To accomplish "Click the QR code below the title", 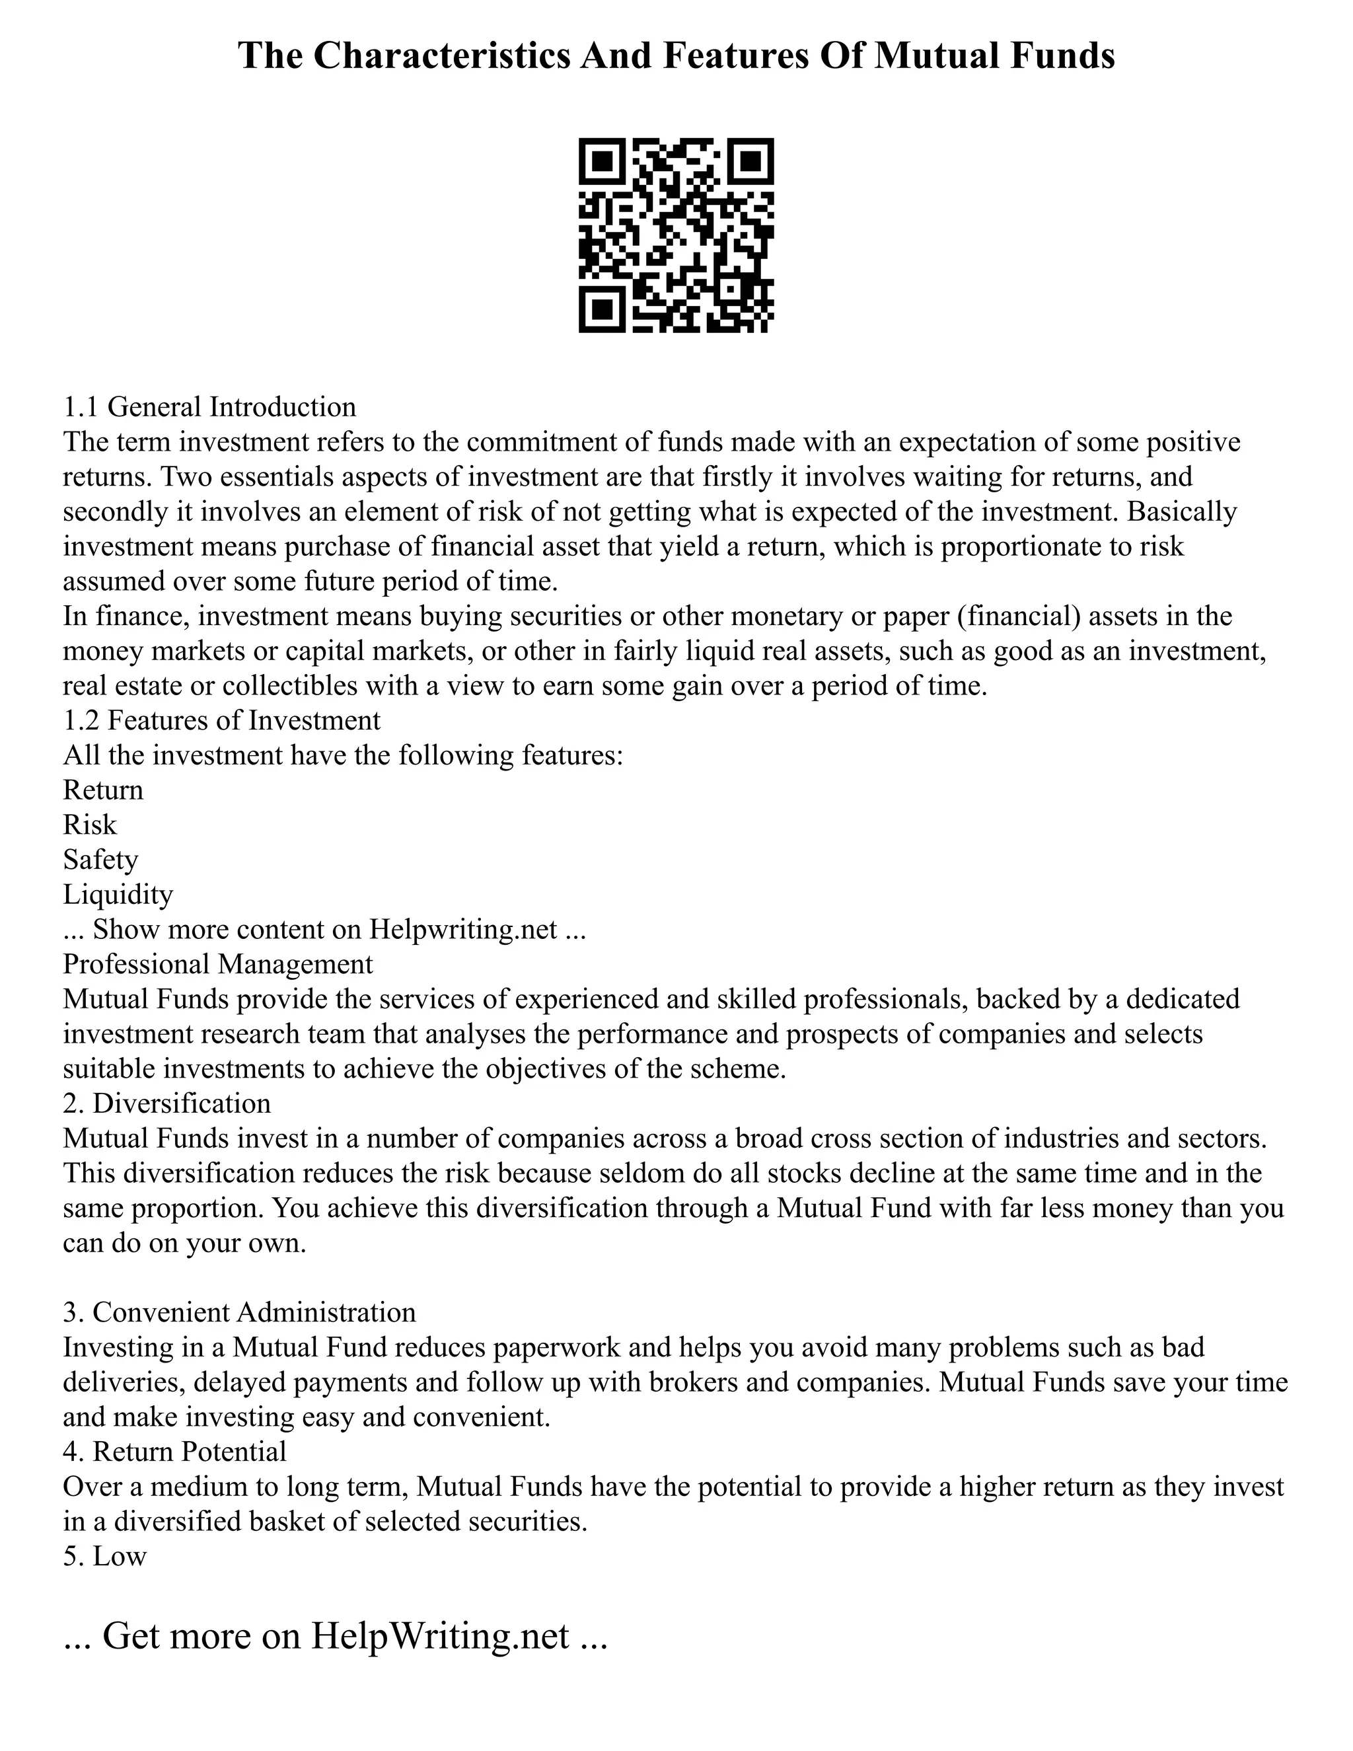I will point(676,236).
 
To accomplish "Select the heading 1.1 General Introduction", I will point(209,406).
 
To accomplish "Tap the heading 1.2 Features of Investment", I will point(221,720).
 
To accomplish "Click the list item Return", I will point(102,790).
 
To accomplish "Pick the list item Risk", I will point(90,825).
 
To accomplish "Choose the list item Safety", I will point(100,860).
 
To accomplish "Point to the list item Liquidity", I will point(118,894).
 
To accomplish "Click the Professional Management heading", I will point(218,963).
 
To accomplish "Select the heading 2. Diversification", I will point(166,1103).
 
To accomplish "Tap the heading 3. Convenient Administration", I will point(240,1312).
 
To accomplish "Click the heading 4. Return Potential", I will point(174,1451).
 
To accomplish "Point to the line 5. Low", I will point(105,1556).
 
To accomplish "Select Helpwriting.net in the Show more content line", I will point(462,929).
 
